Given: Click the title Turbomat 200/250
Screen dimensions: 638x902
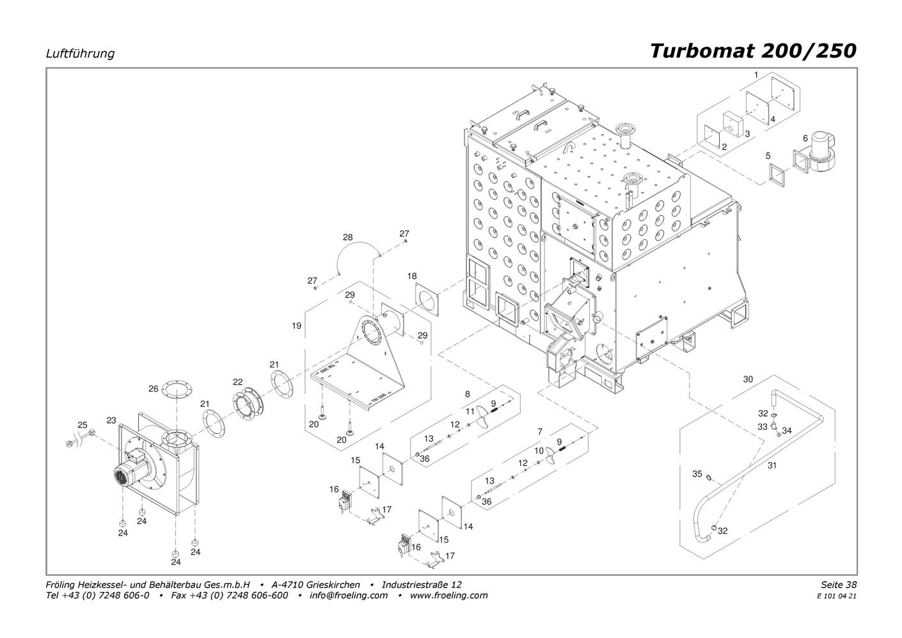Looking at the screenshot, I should pyautogui.click(x=752, y=51).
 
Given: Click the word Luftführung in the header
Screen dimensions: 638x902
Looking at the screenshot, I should pyautogui.click(x=80, y=54).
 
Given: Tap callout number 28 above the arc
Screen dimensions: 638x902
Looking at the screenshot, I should pyautogui.click(x=347, y=237).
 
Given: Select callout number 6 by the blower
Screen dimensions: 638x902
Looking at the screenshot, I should pyautogui.click(x=805, y=138).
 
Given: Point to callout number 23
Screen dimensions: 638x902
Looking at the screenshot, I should pyautogui.click(x=111, y=420).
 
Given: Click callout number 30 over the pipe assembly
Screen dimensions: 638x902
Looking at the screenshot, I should pyautogui.click(x=748, y=379).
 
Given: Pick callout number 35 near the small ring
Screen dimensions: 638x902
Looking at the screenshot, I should pyautogui.click(x=697, y=474).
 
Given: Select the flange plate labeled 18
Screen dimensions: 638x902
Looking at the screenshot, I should pyautogui.click(x=427, y=298).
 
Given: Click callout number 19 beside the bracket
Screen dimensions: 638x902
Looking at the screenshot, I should pyautogui.click(x=296, y=326).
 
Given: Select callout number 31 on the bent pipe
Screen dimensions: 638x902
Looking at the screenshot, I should pyautogui.click(x=772, y=465).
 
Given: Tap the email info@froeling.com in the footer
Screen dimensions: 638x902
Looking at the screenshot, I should pyautogui.click(x=348, y=595).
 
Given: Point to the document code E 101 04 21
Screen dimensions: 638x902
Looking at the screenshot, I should pyautogui.click(x=837, y=596).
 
